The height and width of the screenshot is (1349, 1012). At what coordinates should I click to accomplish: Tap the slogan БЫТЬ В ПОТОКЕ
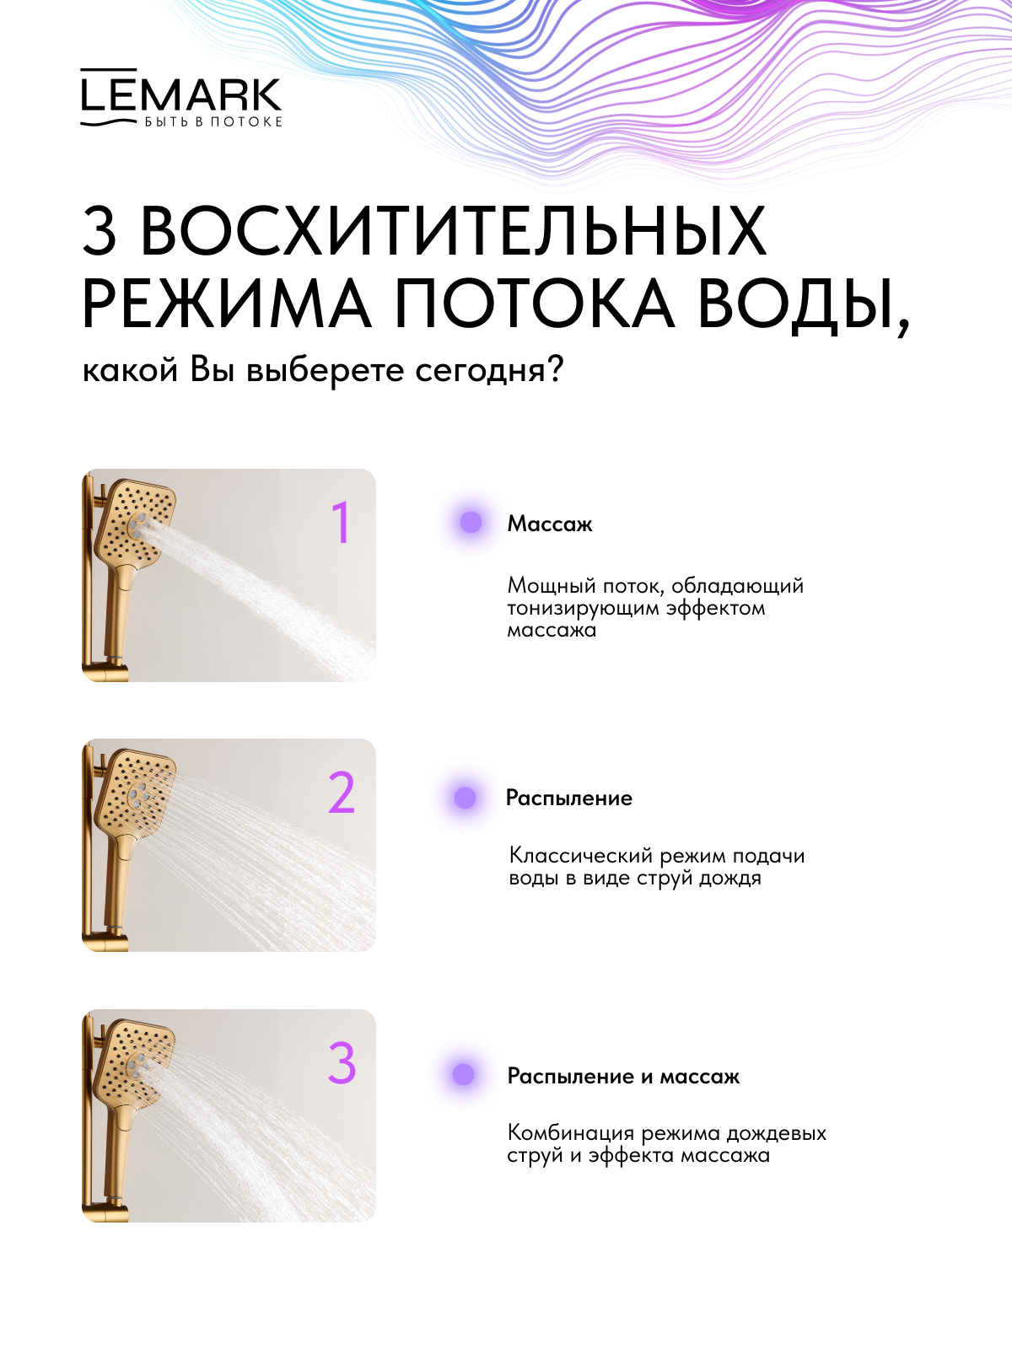click(213, 121)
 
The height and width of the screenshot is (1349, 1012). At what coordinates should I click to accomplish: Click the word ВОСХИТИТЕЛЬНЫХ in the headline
click(454, 231)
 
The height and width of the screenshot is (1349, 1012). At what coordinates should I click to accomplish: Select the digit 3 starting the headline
click(99, 231)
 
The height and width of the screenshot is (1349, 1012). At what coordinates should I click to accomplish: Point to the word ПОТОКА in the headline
click(533, 304)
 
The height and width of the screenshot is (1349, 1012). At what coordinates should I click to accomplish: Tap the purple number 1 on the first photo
click(341, 523)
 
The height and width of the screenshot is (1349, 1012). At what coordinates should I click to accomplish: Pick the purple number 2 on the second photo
click(342, 793)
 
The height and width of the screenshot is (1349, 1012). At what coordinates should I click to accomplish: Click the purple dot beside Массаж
click(471, 523)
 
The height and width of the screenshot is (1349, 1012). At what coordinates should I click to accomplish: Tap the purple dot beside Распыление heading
click(466, 798)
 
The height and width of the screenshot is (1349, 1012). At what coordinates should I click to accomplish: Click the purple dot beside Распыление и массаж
click(463, 1074)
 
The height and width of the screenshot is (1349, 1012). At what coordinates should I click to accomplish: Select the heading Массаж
click(550, 524)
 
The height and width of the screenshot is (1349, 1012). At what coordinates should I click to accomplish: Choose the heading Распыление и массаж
click(624, 1076)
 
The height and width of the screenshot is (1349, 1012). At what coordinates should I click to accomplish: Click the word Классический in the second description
click(581, 856)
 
